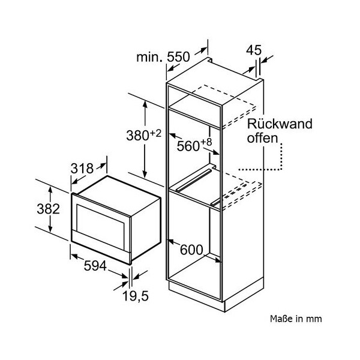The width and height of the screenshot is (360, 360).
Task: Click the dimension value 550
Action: pyautogui.click(x=178, y=58)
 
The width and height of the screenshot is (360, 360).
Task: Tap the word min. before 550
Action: pyautogui.click(x=149, y=58)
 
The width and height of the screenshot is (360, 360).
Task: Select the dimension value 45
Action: pyautogui.click(x=254, y=50)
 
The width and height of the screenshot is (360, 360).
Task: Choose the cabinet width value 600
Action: pyautogui.click(x=189, y=250)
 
